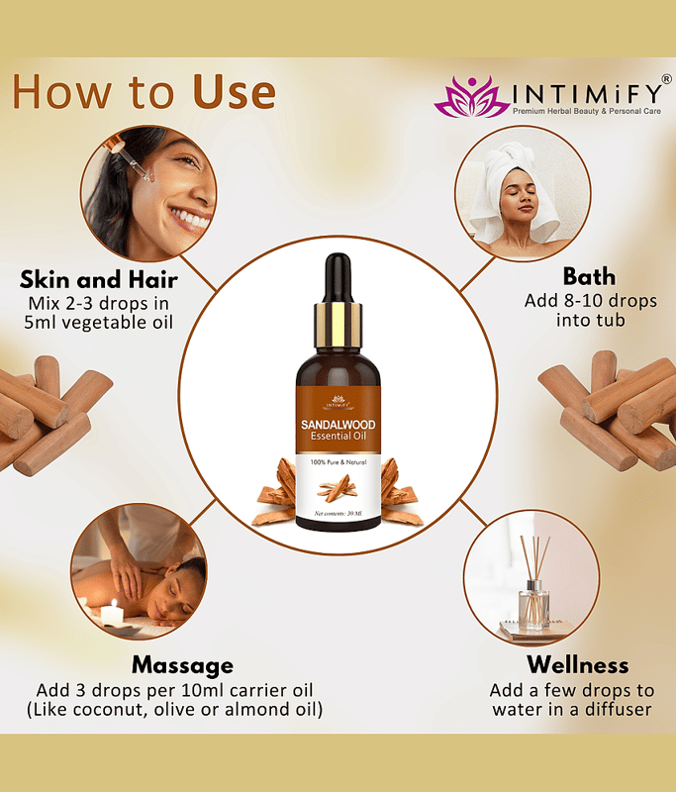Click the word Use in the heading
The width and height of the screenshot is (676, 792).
point(235,91)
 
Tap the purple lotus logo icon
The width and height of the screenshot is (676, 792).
point(471,96)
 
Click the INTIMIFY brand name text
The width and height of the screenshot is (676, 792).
point(587,93)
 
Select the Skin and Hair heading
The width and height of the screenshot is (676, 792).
point(99,279)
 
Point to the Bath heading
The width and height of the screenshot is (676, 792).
point(589,277)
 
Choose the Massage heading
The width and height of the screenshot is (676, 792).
point(183,665)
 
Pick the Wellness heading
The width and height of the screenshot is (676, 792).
point(578,664)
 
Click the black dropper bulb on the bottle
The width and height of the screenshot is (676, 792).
point(338,279)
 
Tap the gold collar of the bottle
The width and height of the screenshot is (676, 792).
point(338,325)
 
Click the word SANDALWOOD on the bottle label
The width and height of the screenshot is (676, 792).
point(338,425)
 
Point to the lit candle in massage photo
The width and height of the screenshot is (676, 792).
point(113,613)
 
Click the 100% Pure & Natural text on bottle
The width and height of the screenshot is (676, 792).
point(338,462)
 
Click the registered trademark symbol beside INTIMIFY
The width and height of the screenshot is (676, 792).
point(666,79)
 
